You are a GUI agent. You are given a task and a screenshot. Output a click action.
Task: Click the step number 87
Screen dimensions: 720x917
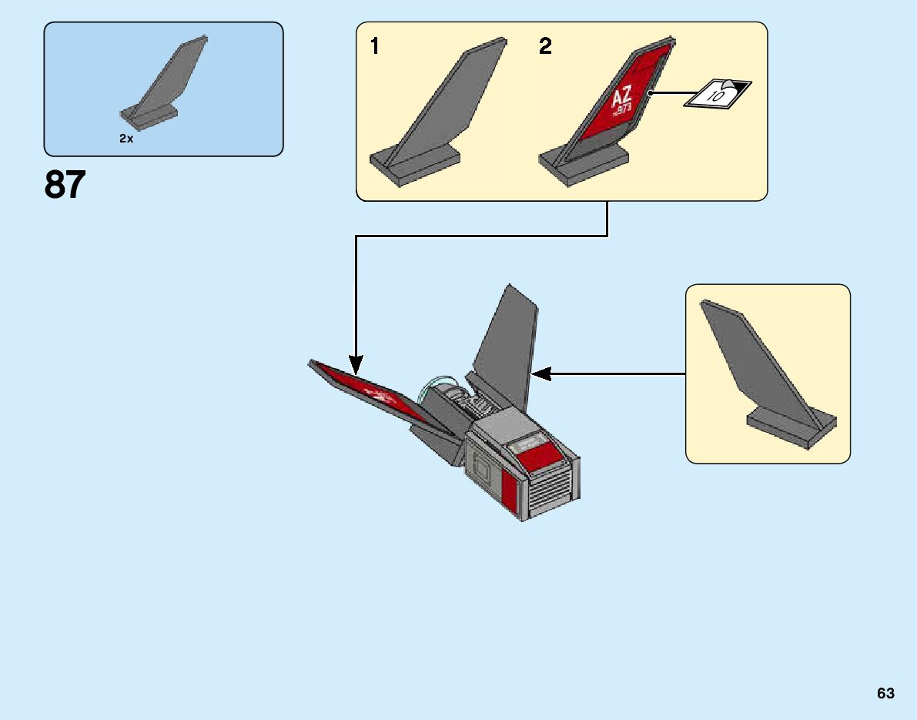(65, 186)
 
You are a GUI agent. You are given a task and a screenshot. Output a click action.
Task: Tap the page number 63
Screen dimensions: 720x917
(885, 693)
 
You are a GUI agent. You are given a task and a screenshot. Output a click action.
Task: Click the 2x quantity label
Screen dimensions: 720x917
(126, 139)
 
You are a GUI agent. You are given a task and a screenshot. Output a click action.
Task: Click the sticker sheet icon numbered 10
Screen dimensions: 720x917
(718, 94)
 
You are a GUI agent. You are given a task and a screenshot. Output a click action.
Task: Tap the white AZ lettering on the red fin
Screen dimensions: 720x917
(621, 98)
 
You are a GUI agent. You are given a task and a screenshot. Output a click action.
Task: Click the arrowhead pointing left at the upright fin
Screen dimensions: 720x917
(542, 373)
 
